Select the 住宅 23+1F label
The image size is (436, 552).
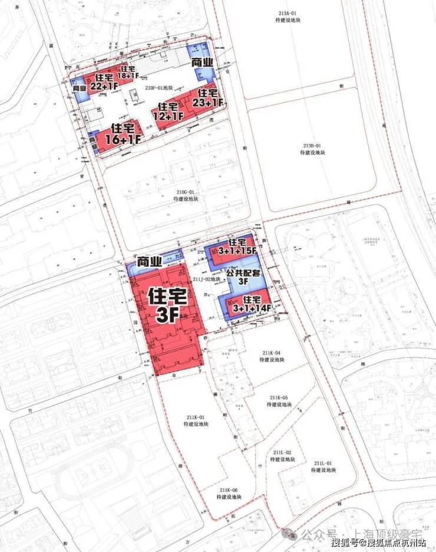tap(210, 98)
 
